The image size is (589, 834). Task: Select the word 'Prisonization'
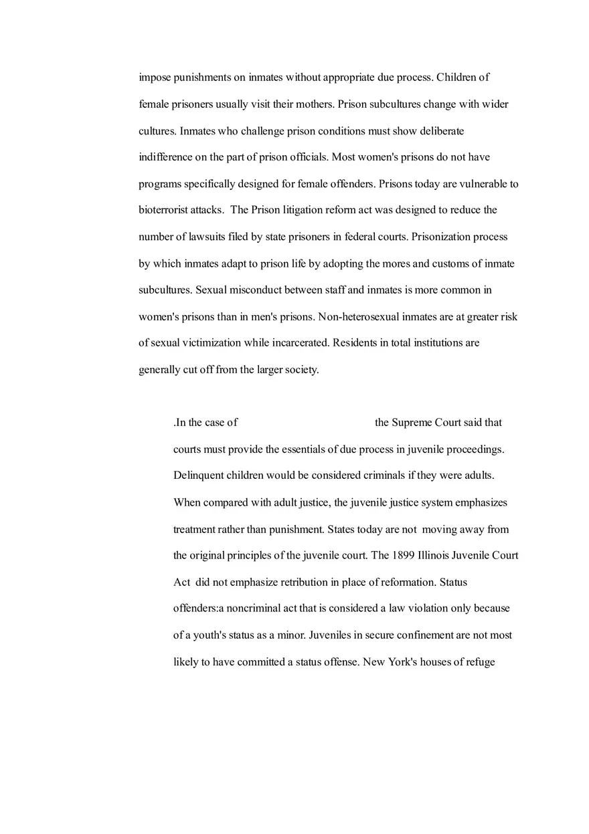tap(442, 237)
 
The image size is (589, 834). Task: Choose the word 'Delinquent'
tap(198, 476)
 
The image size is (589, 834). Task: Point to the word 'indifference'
tap(165, 157)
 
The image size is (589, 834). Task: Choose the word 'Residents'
tap(355, 343)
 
